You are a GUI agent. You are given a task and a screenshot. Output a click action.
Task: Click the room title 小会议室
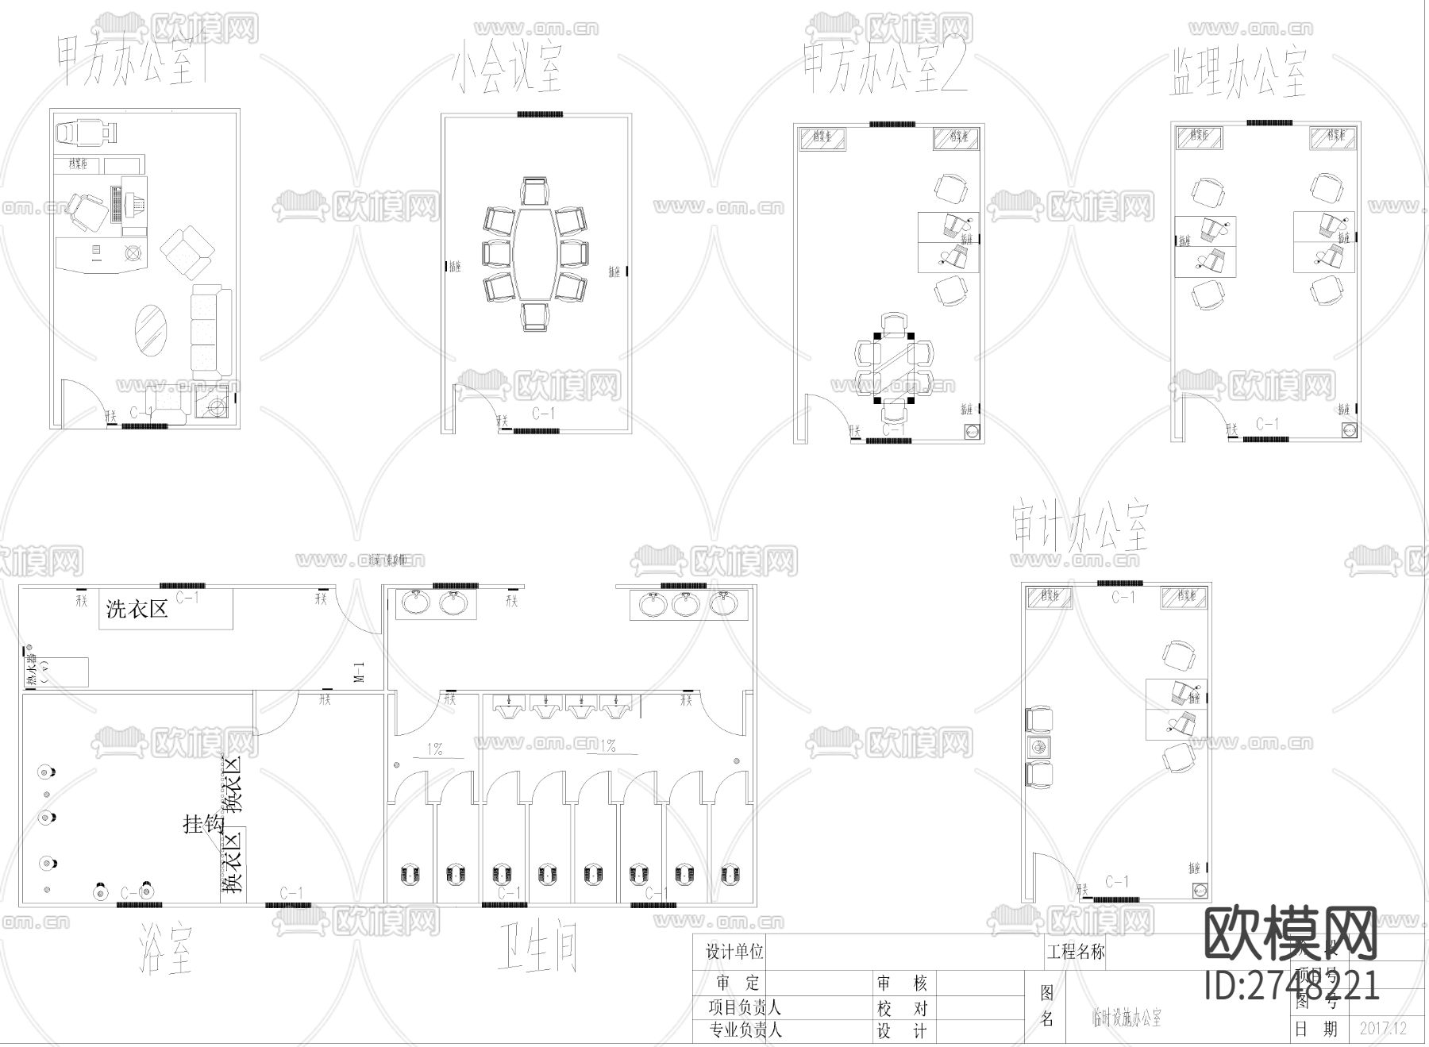508,69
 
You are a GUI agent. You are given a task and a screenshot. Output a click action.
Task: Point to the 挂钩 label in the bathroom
203,824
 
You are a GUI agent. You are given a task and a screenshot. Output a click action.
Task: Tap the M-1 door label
359,672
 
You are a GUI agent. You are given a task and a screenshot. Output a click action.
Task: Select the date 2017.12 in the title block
1382,1028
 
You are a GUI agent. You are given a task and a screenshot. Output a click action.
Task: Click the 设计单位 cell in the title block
734,951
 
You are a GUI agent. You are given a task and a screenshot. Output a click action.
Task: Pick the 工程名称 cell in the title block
1076,951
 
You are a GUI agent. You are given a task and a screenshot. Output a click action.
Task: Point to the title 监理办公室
1238,73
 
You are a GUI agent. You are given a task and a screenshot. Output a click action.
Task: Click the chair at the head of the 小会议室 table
535,191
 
